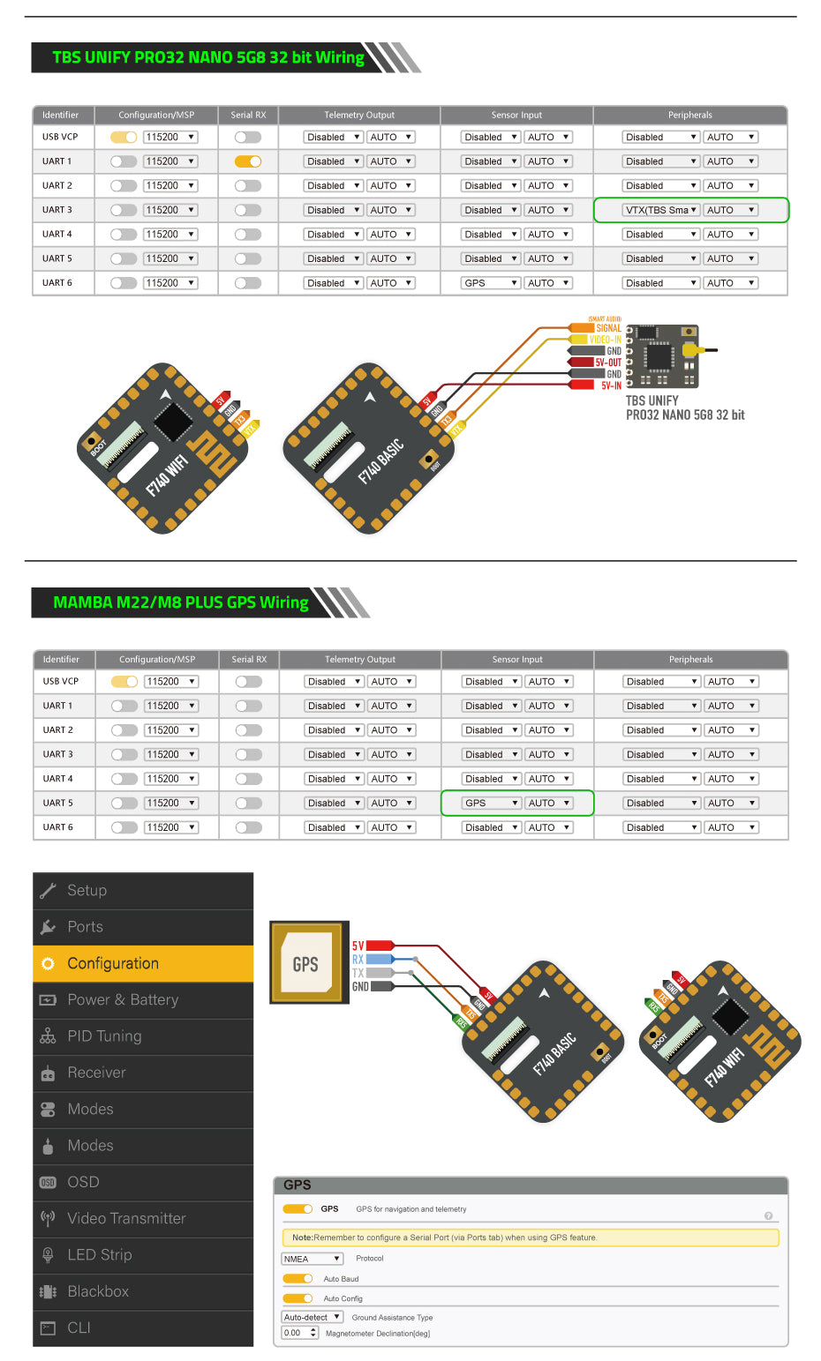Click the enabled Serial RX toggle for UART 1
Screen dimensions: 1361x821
[x=248, y=161]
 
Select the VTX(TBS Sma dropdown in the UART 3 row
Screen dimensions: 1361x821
[x=661, y=210]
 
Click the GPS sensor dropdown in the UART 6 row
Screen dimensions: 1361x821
[x=490, y=283]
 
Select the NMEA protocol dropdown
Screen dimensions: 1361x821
[x=312, y=1259]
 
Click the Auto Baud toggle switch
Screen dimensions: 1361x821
[x=298, y=1279]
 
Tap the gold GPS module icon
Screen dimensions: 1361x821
[x=305, y=963]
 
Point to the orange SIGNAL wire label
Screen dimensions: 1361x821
[x=608, y=328]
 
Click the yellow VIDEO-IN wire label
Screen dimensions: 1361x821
[x=605, y=340]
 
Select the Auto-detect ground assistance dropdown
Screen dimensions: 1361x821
[x=312, y=1317]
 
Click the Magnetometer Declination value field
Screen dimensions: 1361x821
[x=299, y=1333]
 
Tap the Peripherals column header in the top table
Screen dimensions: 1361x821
[x=690, y=115]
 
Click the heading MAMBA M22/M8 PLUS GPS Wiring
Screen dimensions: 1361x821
[x=181, y=602]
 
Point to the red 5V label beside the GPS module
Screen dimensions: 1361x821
[x=358, y=946]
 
